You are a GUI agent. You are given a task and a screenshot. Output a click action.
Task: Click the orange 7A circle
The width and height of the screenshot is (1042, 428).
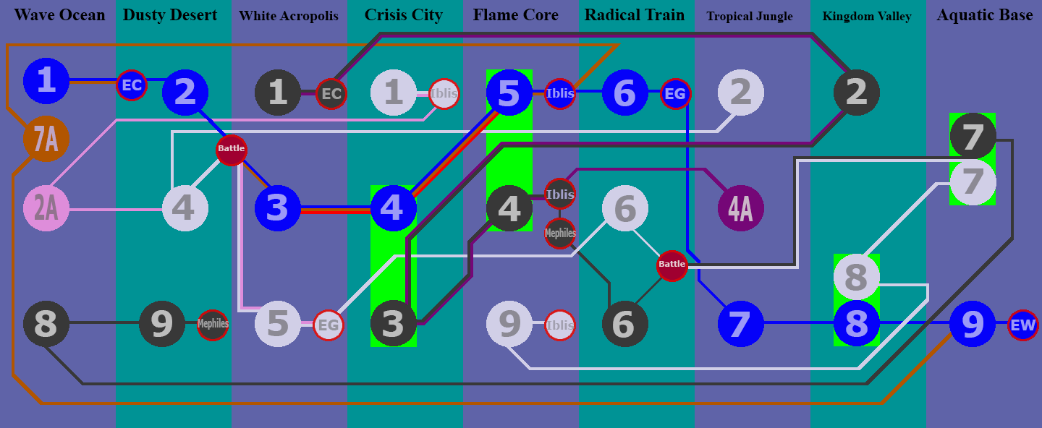[x=46, y=138]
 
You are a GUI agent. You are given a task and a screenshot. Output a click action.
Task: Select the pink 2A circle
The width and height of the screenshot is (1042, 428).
[x=46, y=208]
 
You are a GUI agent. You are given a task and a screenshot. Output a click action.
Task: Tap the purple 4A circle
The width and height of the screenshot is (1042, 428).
[x=740, y=208]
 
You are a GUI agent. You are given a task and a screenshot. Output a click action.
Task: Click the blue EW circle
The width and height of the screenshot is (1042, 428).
[x=1023, y=325]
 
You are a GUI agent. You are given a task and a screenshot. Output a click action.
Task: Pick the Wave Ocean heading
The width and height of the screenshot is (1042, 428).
[x=59, y=15]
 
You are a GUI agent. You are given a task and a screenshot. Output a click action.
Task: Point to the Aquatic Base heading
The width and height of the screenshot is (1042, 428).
[x=985, y=15]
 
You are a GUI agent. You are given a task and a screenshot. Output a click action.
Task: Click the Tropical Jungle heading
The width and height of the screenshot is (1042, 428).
[x=750, y=16]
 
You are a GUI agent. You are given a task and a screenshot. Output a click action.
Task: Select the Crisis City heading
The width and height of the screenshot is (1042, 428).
[x=404, y=15]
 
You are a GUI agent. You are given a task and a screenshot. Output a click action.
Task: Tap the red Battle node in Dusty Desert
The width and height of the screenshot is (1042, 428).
[x=232, y=149]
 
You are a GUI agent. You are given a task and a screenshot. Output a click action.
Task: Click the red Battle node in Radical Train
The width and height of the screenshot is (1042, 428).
[x=672, y=265]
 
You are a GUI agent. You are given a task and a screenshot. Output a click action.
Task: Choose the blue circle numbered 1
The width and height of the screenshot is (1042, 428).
[x=46, y=80]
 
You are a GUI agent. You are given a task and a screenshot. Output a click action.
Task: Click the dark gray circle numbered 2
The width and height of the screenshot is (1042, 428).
[x=856, y=92]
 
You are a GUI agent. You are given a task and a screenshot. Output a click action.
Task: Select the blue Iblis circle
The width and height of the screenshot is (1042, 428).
[x=560, y=93]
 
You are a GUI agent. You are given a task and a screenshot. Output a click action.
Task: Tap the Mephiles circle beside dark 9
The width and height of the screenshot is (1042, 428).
[x=213, y=325]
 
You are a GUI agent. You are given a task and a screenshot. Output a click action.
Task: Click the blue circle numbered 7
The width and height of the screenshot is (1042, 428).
[x=740, y=325]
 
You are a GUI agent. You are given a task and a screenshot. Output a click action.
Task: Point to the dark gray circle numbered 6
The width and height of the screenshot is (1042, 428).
[x=625, y=325]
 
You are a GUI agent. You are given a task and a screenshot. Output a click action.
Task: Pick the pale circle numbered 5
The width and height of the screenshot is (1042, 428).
[x=277, y=325]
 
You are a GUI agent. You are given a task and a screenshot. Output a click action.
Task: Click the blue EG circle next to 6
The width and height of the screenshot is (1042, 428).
[x=675, y=93]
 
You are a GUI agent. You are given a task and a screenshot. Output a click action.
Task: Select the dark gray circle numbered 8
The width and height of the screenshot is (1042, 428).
[x=46, y=325]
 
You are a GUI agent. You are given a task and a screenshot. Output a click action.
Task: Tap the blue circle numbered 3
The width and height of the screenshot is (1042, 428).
[x=277, y=208]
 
